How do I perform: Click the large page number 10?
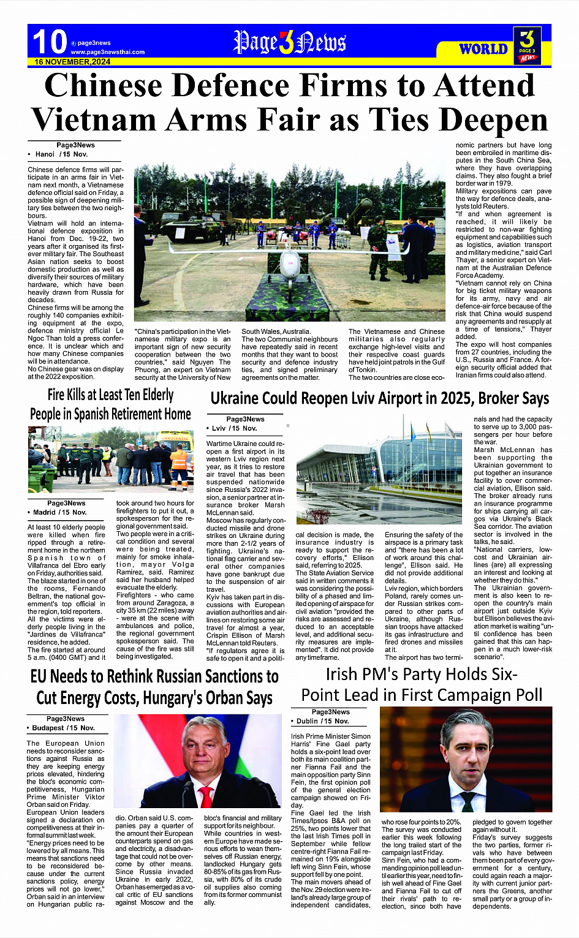pos(50,42)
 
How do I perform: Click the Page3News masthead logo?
pos(289,42)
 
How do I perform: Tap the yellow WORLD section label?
pos(483,49)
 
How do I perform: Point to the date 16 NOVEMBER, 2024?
pos(72,62)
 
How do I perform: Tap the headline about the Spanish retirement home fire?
pos(111,404)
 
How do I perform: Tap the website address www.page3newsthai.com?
pos(108,52)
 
